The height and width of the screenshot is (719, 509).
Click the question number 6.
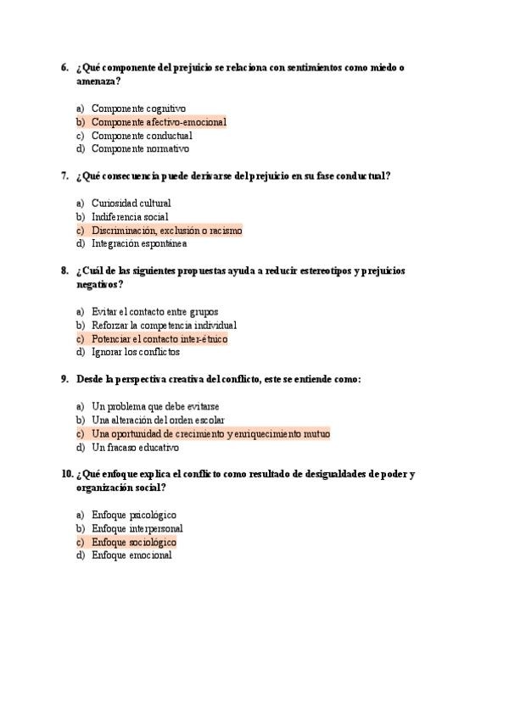click(x=64, y=68)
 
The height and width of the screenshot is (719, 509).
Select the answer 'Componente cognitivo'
click(x=138, y=109)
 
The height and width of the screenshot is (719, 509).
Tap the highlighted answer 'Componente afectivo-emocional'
click(x=159, y=122)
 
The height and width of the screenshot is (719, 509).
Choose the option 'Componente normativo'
click(x=140, y=149)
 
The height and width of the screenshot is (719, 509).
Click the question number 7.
click(x=64, y=176)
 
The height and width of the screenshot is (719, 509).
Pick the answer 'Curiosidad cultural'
click(x=131, y=203)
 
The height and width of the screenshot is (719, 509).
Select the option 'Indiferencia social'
click(x=130, y=217)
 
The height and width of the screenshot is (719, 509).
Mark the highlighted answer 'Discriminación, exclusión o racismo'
click(x=166, y=231)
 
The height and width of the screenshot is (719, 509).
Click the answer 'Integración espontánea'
click(x=138, y=244)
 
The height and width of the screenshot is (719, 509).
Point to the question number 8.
click(x=64, y=271)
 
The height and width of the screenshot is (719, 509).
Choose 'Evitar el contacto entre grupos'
click(x=154, y=312)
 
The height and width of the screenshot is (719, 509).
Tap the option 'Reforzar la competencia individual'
click(x=164, y=326)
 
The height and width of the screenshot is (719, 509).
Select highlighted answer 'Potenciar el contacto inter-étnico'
click(x=159, y=339)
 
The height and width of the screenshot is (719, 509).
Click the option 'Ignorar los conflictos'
click(x=136, y=353)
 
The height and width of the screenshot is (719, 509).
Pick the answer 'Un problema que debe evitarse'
click(x=155, y=407)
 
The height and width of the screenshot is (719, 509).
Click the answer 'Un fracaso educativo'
click(x=135, y=448)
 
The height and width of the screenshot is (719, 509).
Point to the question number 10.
click(x=67, y=475)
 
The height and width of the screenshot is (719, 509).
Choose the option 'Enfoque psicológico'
click(x=133, y=516)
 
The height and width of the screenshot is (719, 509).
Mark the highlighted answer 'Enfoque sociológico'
click(x=133, y=543)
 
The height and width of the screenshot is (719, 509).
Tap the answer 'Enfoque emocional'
click(x=131, y=556)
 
